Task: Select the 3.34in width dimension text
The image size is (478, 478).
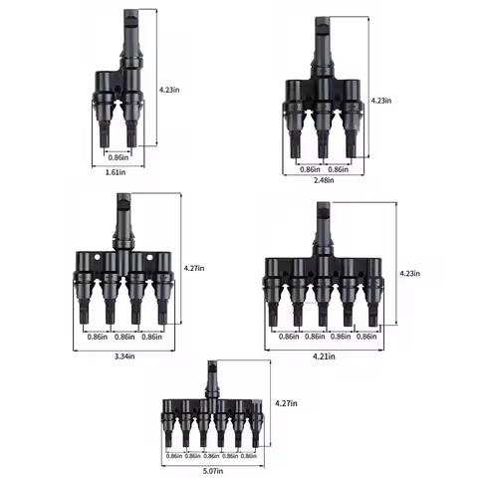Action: click(123, 356)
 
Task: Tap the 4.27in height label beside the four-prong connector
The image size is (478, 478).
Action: click(195, 267)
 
